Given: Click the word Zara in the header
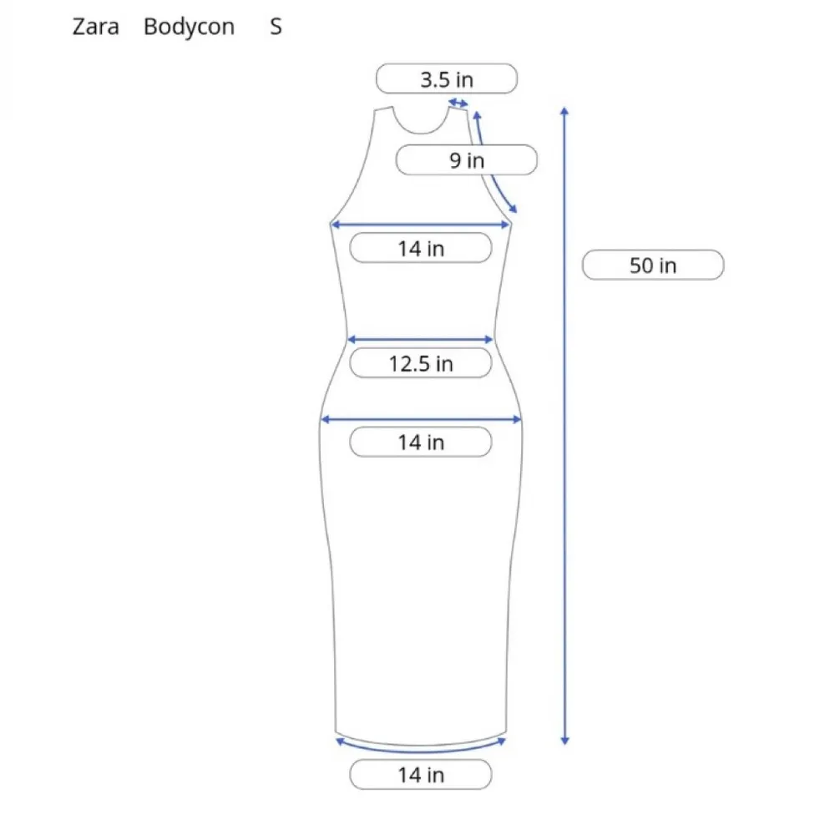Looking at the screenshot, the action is [x=96, y=27].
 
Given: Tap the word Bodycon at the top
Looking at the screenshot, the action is [x=189, y=27].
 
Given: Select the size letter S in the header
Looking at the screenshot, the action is [x=276, y=27].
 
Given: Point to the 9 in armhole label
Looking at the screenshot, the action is [x=467, y=159].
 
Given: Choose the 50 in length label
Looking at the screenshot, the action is [x=653, y=265].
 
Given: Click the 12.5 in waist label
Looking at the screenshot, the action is [x=421, y=363].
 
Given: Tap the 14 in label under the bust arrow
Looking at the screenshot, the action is [x=421, y=248].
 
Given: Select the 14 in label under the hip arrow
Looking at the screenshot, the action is [x=421, y=442].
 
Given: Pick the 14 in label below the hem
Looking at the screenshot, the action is [x=421, y=774].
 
